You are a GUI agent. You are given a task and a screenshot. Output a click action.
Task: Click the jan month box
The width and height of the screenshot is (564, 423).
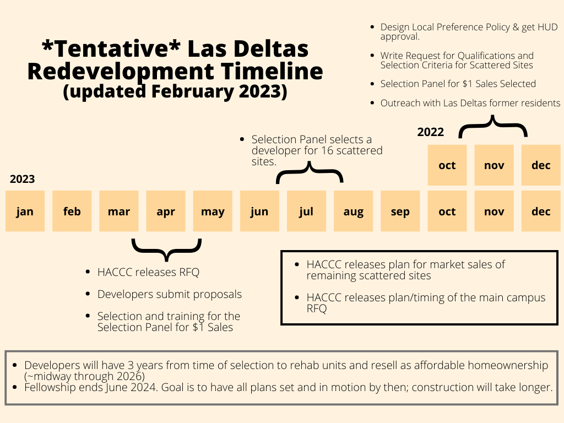(25, 211)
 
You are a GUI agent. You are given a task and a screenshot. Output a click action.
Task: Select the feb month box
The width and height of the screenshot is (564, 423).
(72, 211)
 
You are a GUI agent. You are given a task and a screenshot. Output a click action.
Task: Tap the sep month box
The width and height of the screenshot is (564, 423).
(400, 211)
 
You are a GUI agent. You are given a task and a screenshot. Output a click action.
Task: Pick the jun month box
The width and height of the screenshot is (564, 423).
(259, 211)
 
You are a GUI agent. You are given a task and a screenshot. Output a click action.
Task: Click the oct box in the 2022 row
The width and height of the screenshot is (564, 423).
(447, 165)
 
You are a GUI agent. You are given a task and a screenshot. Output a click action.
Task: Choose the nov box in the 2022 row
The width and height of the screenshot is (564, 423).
(494, 165)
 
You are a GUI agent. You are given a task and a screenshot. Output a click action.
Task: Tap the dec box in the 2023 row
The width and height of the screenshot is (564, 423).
(541, 211)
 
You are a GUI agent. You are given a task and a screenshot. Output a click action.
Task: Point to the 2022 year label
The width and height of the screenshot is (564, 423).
(430, 132)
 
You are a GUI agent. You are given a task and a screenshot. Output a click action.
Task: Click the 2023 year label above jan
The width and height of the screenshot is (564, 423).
(22, 179)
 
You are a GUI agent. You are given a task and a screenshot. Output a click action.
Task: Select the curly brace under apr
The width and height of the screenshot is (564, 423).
(166, 249)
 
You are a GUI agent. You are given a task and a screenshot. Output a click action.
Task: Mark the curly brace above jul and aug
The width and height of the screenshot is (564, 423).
(310, 173)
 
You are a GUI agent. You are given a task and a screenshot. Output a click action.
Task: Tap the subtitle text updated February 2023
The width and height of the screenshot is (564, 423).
(175, 91)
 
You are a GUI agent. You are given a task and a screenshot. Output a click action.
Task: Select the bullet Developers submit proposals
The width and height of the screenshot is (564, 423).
(169, 295)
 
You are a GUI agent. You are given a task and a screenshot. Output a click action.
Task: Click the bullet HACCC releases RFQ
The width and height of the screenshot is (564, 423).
(148, 272)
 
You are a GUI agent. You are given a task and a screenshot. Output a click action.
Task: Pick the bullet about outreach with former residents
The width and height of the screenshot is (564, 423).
(470, 103)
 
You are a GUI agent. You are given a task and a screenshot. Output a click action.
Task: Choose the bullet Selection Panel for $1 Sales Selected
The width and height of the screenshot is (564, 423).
(458, 84)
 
